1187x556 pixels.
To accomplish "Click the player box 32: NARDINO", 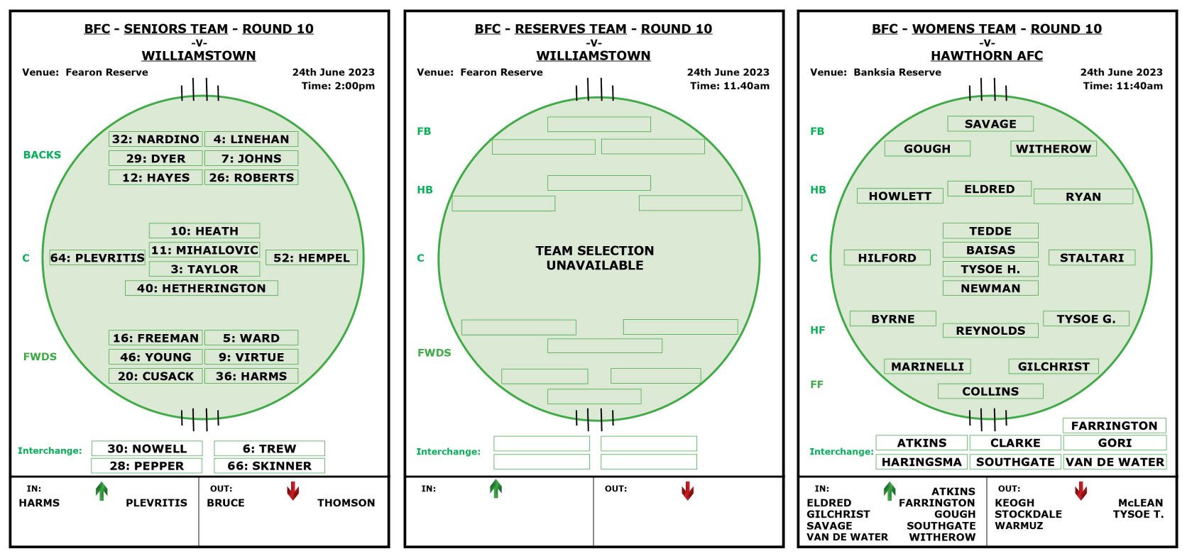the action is pyautogui.click(x=155, y=139).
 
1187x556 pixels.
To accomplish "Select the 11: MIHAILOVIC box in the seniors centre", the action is pyautogui.click(x=204, y=250).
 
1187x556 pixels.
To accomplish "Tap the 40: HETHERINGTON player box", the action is pyautogui.click(x=202, y=288).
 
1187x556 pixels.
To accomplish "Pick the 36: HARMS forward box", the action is pyautogui.click(x=251, y=376).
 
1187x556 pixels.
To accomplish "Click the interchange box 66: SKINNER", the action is pyautogui.click(x=269, y=466).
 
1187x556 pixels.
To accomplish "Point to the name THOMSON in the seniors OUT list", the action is pyautogui.click(x=346, y=503).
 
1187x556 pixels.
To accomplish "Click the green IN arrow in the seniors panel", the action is pyautogui.click(x=102, y=491).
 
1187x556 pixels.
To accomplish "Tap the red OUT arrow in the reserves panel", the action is pyautogui.click(x=688, y=491).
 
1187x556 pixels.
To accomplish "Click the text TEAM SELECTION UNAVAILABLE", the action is pyautogui.click(x=594, y=258).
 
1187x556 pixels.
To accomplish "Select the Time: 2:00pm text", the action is pyautogui.click(x=338, y=86).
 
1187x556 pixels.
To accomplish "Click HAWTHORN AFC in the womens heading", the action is pyautogui.click(x=987, y=55).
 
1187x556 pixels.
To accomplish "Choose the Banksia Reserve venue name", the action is pyautogui.click(x=897, y=72).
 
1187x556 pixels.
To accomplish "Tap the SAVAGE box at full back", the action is pyautogui.click(x=990, y=124).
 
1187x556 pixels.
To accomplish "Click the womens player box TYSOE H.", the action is pyautogui.click(x=990, y=269).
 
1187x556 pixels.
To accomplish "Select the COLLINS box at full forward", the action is pyautogui.click(x=990, y=391).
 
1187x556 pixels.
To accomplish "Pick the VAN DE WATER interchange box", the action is pyautogui.click(x=1115, y=462).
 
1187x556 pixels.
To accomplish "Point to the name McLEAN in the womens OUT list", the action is pyautogui.click(x=1140, y=503).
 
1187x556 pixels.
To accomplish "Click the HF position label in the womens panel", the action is pyautogui.click(x=817, y=330).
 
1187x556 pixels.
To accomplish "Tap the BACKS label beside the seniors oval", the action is pyautogui.click(x=42, y=155).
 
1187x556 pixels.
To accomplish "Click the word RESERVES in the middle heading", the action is pyautogui.click(x=570, y=28).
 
